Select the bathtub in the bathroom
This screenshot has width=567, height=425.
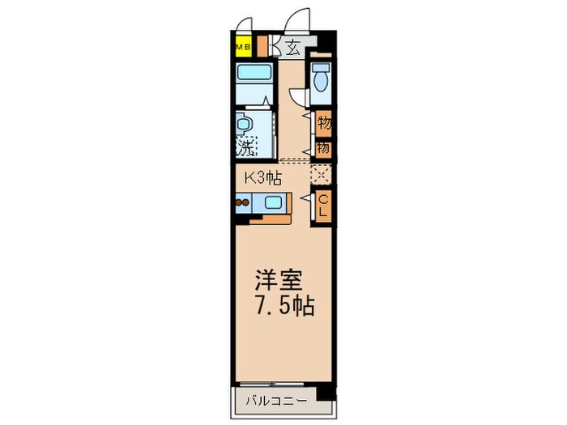pos(255,81)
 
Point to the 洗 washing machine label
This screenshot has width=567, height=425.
pos(245,147)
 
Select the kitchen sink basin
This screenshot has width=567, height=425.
pos(271,203)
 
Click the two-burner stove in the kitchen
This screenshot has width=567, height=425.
pos(243,203)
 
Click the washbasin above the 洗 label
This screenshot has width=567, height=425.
pos(244,125)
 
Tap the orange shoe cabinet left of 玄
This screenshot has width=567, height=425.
pos(274,46)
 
